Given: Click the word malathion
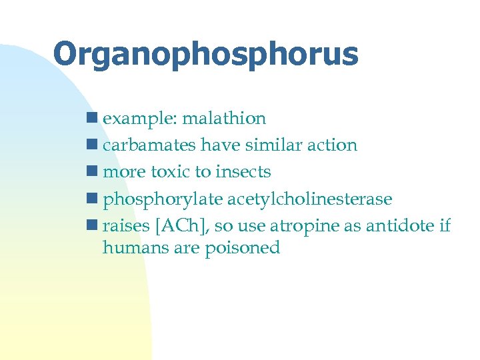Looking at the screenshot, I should [224, 119].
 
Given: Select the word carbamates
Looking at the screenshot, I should [150, 145].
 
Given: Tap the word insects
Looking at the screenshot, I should [243, 172].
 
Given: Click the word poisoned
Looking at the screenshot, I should [243, 248].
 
